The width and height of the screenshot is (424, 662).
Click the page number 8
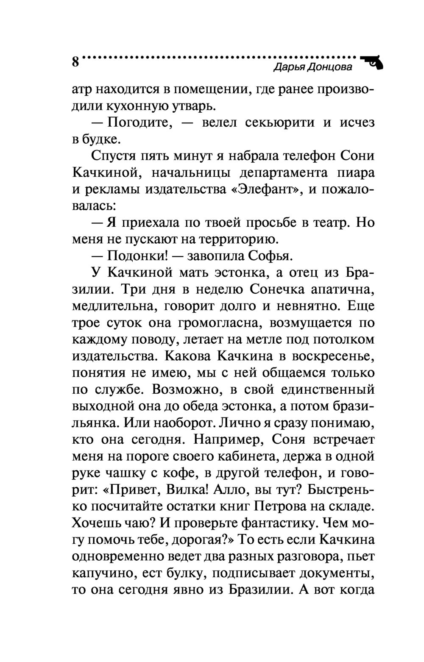pos(75,62)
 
